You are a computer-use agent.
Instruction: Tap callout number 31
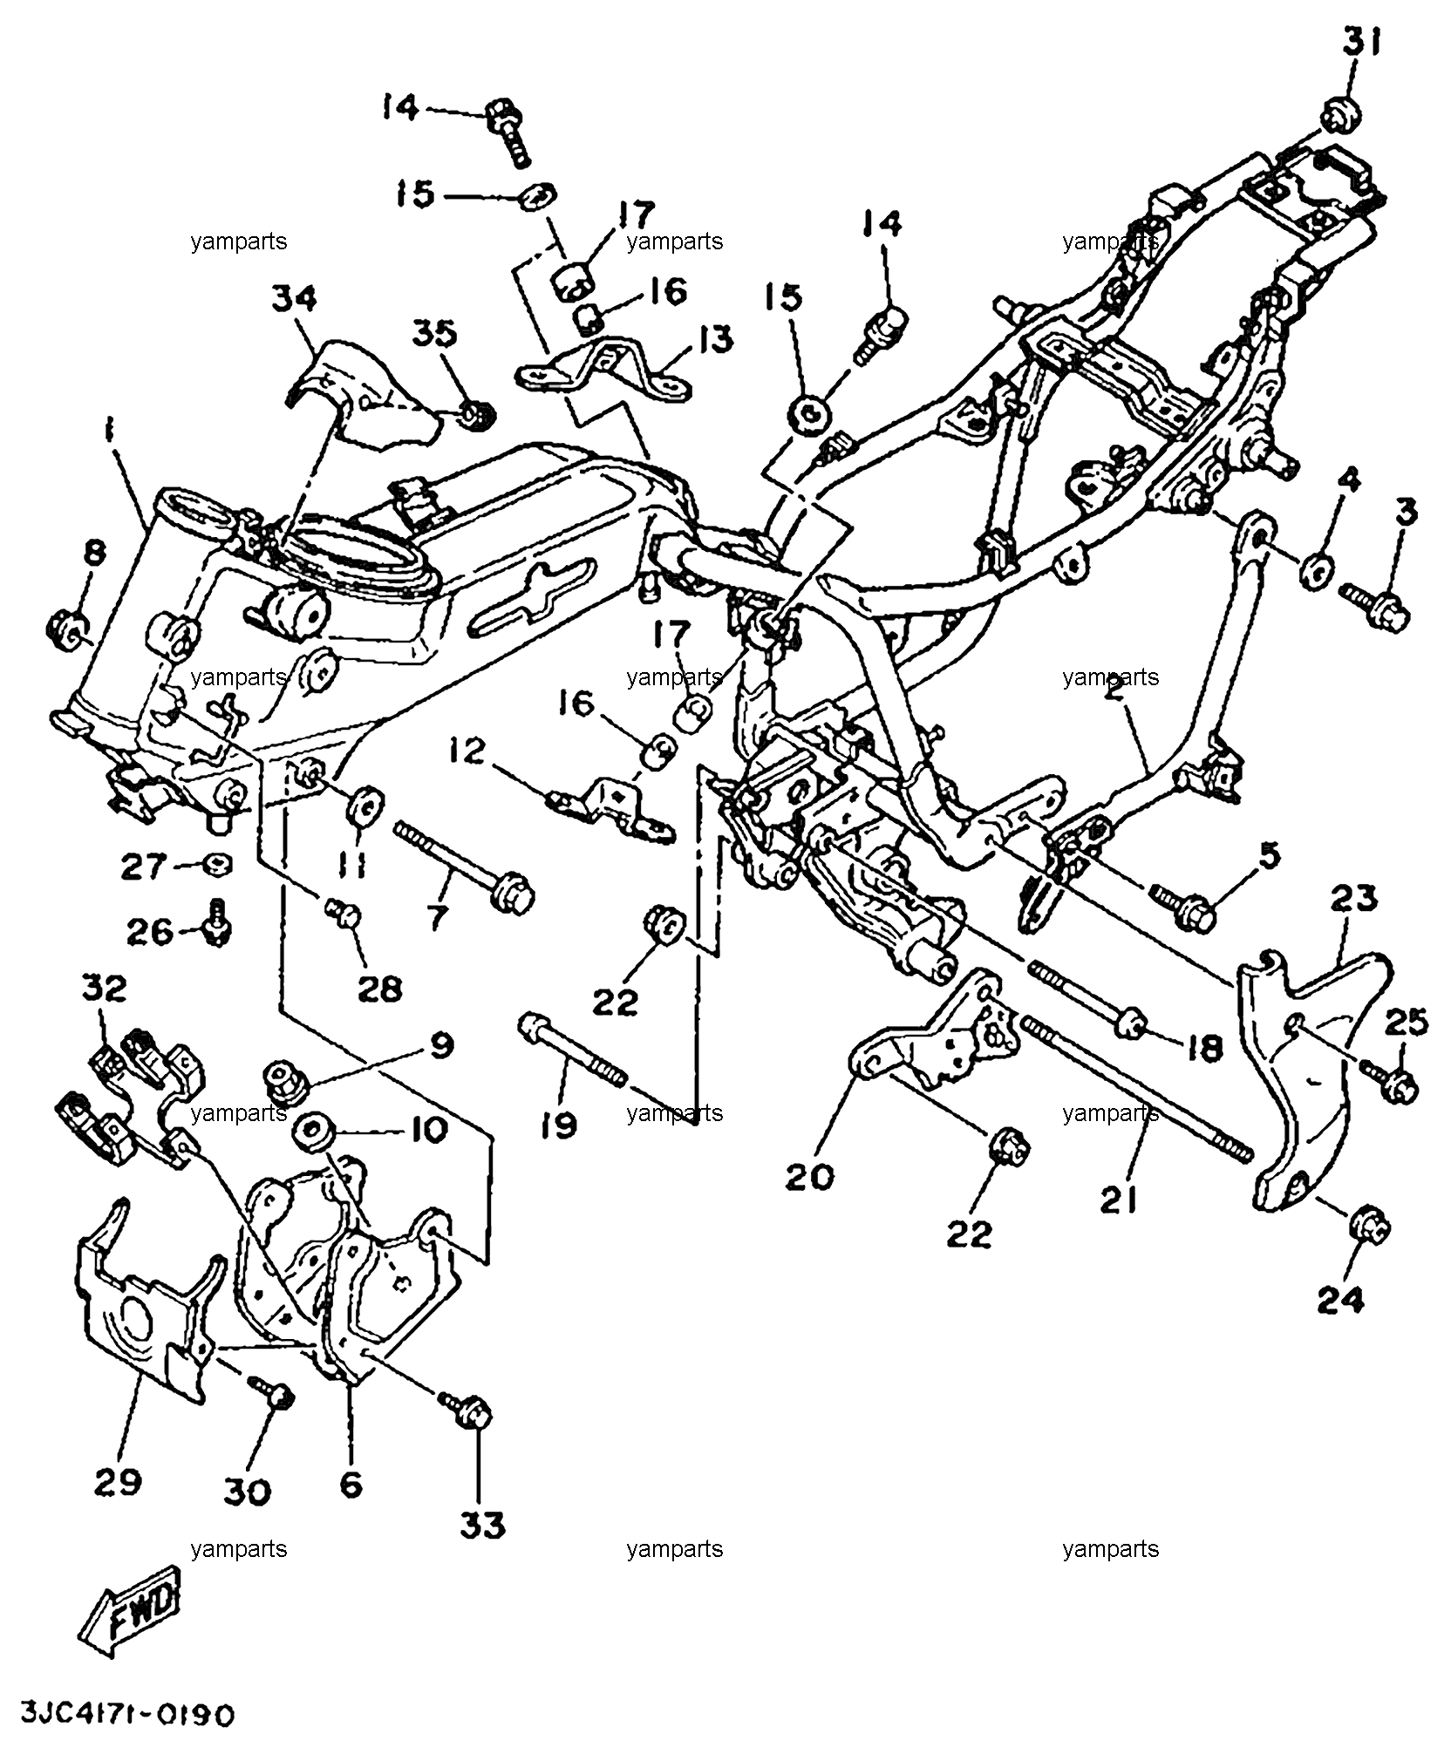tap(1360, 41)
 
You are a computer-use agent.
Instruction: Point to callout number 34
tap(294, 299)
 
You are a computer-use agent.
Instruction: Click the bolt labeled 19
tap(572, 1049)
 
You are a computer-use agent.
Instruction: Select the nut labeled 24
tap(1370, 1229)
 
